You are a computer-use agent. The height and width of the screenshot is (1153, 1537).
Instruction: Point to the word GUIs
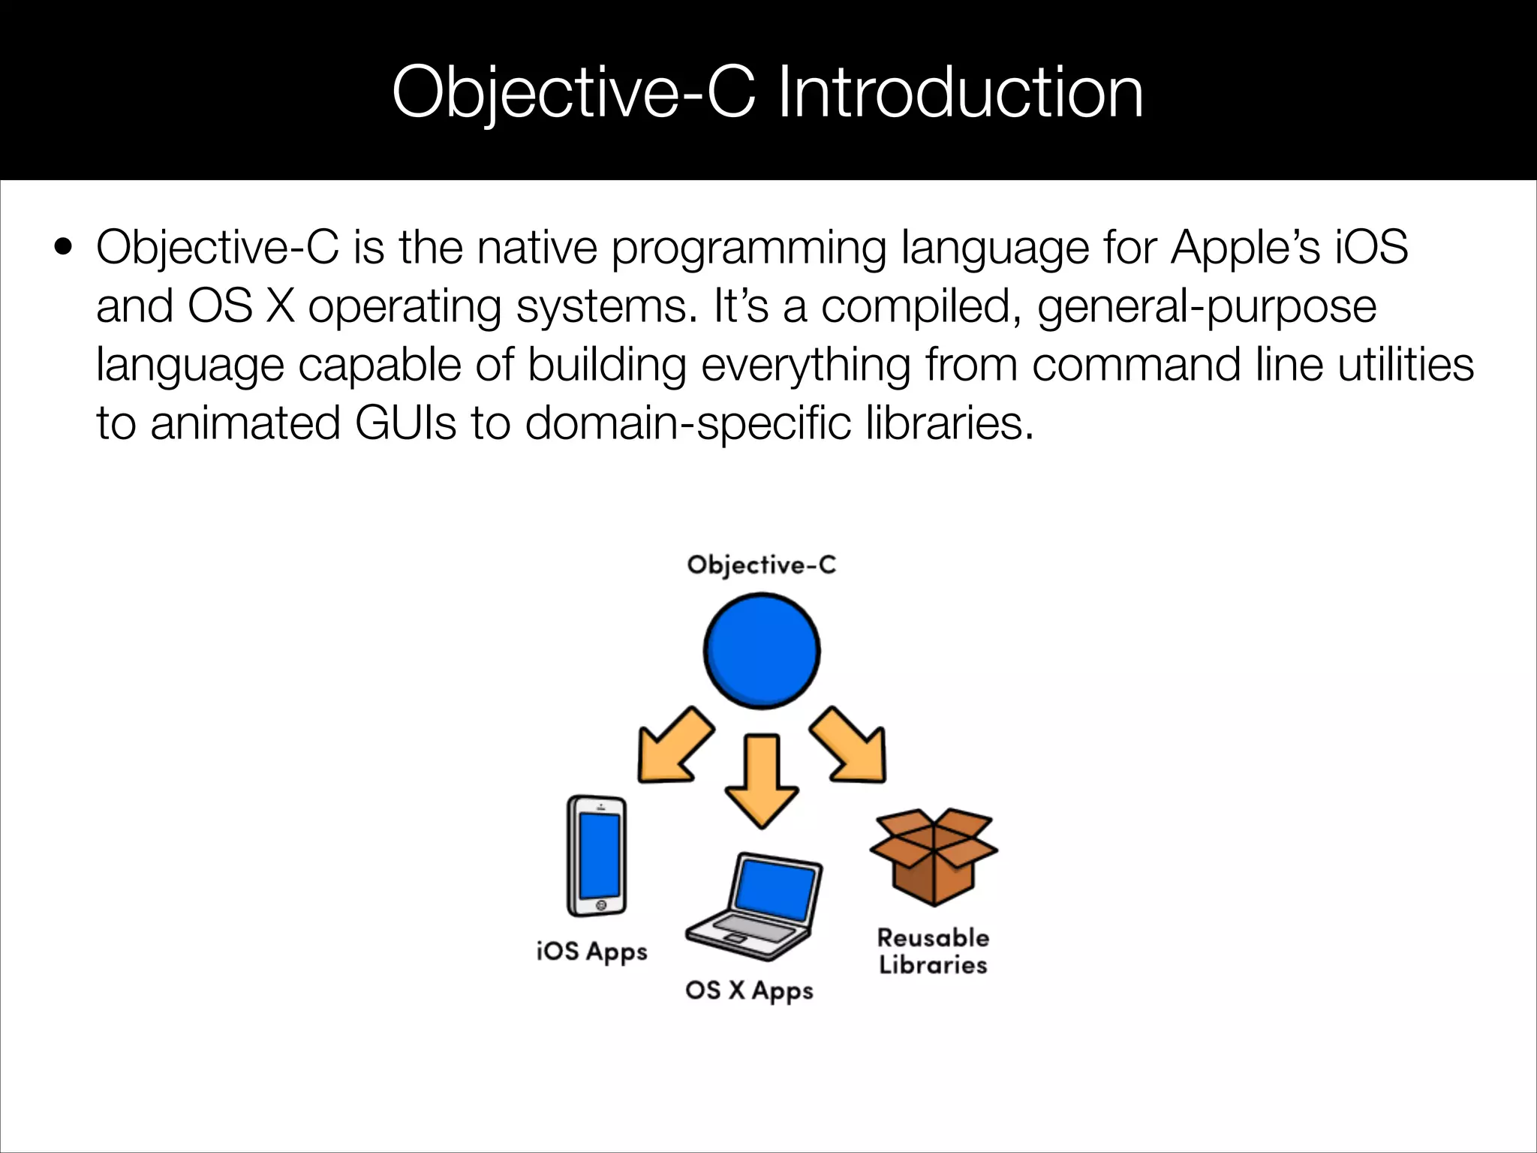click(x=405, y=423)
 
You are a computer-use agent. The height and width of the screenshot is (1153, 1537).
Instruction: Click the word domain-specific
click(x=688, y=423)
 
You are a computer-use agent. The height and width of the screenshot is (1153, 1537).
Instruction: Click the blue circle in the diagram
click(x=762, y=651)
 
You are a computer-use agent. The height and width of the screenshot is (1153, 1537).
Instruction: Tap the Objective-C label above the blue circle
click(x=761, y=564)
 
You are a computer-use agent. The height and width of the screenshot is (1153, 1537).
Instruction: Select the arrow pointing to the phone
click(x=672, y=746)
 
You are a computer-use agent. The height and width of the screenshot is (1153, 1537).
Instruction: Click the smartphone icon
click(x=597, y=856)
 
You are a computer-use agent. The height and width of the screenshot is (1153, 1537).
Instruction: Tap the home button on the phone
click(x=600, y=905)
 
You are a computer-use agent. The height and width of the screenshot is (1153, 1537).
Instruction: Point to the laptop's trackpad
click(x=735, y=939)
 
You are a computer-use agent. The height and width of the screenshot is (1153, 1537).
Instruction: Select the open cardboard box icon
click(x=933, y=856)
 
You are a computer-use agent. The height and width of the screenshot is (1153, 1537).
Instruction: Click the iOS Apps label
click(x=591, y=951)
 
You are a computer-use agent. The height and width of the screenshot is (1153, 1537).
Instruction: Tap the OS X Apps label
click(x=749, y=990)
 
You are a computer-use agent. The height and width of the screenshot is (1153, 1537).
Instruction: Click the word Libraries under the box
click(x=933, y=965)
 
